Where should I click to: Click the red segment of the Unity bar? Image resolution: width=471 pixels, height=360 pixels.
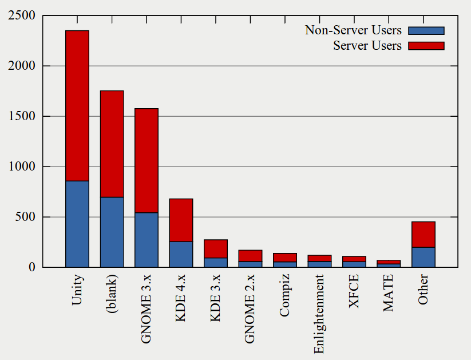pyautogui.click(x=77, y=106)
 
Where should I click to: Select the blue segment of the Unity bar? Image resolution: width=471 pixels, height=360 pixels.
pyautogui.click(x=77, y=224)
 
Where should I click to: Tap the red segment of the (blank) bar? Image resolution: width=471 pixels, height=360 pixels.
pyautogui.click(x=112, y=144)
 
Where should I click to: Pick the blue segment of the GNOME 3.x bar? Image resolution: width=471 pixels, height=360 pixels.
pyautogui.click(x=147, y=240)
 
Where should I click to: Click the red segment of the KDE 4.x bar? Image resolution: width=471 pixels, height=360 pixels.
pyautogui.click(x=181, y=220)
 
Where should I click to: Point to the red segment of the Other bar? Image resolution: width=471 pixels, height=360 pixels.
pyautogui.click(x=423, y=235)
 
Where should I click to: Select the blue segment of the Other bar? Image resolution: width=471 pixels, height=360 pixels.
pyautogui.click(x=423, y=257)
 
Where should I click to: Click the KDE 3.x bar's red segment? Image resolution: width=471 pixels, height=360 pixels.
pyautogui.click(x=216, y=249)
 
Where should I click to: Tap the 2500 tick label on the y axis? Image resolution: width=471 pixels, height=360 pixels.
pyautogui.click(x=22, y=16)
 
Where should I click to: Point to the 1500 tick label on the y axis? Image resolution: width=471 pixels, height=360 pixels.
pyautogui.click(x=22, y=117)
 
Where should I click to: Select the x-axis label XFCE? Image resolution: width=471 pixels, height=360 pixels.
pyautogui.click(x=354, y=291)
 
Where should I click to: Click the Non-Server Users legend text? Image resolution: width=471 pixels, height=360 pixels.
pyautogui.click(x=353, y=30)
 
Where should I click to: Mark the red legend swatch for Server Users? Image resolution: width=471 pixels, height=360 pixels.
pyautogui.click(x=426, y=46)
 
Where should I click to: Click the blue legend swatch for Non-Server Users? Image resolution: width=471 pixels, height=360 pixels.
pyautogui.click(x=426, y=30)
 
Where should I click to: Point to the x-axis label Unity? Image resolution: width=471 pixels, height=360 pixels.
pyautogui.click(x=77, y=290)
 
